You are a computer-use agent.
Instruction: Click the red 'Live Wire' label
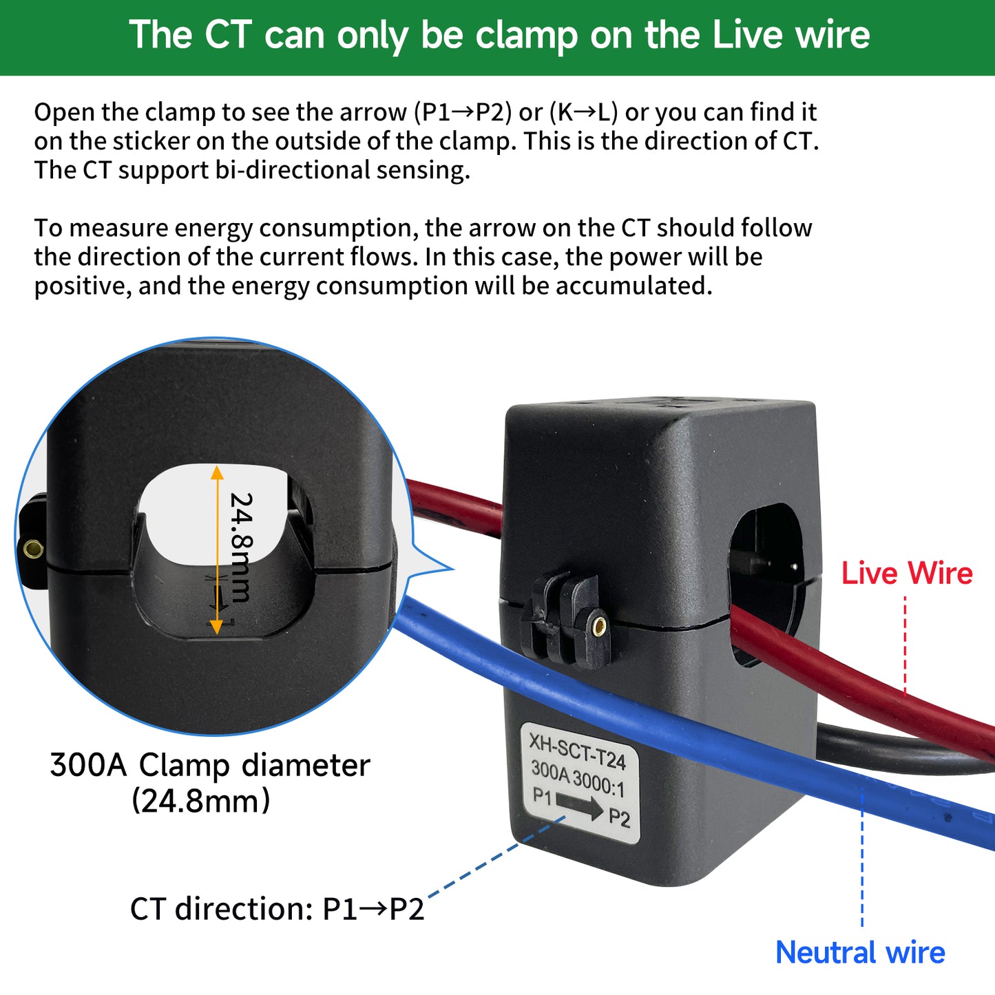[906, 573]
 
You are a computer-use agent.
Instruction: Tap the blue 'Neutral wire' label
[860, 953]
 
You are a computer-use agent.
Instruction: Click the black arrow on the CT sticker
[579, 805]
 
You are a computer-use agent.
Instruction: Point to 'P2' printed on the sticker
[619, 818]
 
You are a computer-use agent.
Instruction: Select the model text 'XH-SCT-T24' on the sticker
[577, 751]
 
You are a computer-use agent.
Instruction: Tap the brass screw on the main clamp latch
[599, 625]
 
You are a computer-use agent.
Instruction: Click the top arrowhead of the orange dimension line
[217, 472]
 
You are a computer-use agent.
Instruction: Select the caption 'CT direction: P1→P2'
[277, 909]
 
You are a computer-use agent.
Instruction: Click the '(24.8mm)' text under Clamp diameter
[200, 801]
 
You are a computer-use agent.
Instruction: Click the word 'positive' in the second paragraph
[82, 286]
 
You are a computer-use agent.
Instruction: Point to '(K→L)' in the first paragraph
[583, 112]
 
